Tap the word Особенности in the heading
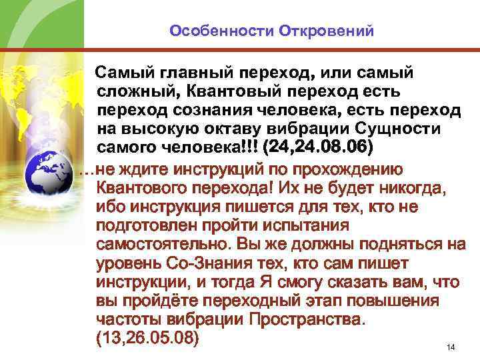click(x=211, y=31)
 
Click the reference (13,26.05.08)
click(x=147, y=337)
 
